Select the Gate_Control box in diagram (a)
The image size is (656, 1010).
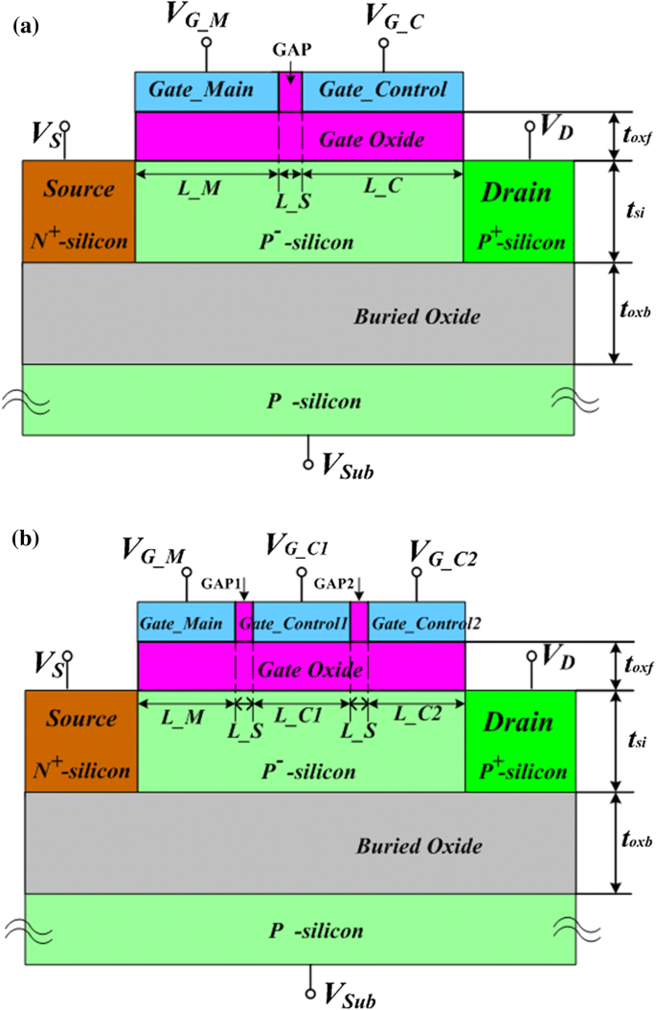click(x=383, y=91)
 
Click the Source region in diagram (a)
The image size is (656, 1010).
click(x=79, y=212)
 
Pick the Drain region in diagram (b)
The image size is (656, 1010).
click(x=520, y=742)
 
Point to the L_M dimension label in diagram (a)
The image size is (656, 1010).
click(x=199, y=189)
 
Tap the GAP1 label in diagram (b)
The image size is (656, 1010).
click(x=221, y=584)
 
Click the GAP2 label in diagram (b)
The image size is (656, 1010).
click(x=337, y=584)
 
